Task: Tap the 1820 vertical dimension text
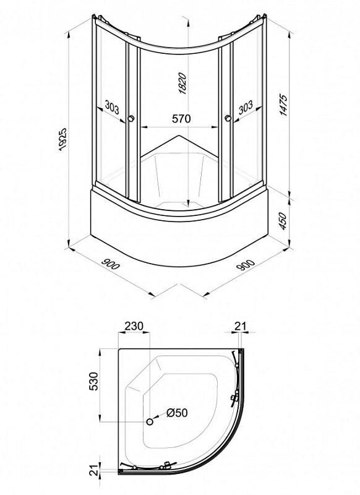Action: [x=183, y=83]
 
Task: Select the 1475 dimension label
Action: [x=283, y=105]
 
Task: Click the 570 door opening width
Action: [x=181, y=119]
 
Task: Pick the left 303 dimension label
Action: [x=113, y=107]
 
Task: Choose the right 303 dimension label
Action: [x=246, y=107]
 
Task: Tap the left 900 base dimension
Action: [x=110, y=264]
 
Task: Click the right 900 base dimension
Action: [x=245, y=265]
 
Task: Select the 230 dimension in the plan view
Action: [x=134, y=326]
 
